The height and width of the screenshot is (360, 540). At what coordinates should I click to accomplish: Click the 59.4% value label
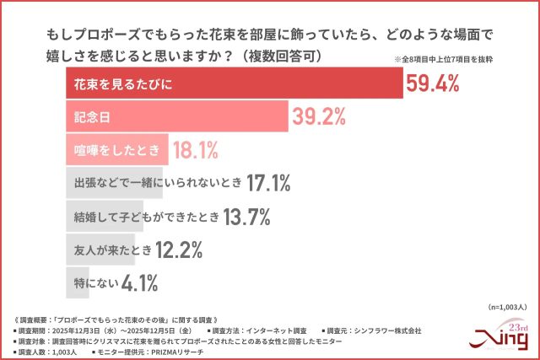point(433,82)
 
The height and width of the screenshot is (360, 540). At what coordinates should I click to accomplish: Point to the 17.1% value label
point(269,183)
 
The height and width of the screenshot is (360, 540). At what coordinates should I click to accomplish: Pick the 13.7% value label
point(246,217)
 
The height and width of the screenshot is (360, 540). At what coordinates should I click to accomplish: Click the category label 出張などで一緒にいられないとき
point(156,183)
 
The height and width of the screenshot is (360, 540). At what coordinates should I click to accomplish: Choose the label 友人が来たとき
point(111,250)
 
